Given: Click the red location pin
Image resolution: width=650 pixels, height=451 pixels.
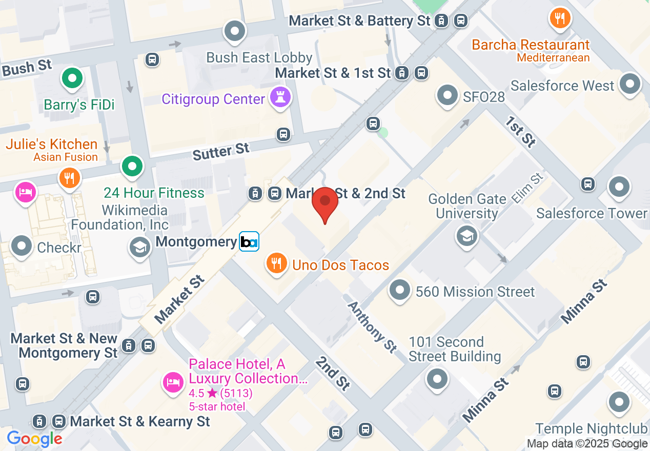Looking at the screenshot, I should tap(325, 203).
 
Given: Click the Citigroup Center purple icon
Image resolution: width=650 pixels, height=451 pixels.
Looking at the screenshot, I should tap(280, 98).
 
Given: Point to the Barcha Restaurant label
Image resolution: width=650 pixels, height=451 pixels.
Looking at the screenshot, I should tap(531, 45).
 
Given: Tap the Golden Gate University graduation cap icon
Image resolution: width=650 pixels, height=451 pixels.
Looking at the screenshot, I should tap(467, 236).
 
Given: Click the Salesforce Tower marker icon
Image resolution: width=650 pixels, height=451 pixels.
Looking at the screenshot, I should tap(619, 187).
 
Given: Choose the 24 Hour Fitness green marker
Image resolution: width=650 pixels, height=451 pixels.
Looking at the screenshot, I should tap(132, 166).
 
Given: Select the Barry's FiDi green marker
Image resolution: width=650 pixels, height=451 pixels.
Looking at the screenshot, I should tap(72, 79).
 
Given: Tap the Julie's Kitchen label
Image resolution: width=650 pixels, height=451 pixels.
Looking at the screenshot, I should tap(51, 144).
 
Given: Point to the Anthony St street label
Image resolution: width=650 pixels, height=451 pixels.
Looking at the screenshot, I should tap(372, 326).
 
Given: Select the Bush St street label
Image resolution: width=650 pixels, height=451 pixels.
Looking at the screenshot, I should tap(27, 67).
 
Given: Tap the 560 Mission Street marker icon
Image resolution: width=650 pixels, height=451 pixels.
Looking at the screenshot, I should tap(400, 290).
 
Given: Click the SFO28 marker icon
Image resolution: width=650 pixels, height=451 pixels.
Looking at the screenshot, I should tap(448, 95).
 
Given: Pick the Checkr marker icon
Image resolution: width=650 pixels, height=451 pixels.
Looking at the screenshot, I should tap(22, 246).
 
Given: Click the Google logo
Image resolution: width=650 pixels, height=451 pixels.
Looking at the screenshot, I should tap(34, 439).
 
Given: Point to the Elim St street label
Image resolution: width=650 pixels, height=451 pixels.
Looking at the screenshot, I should tap(526, 189).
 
